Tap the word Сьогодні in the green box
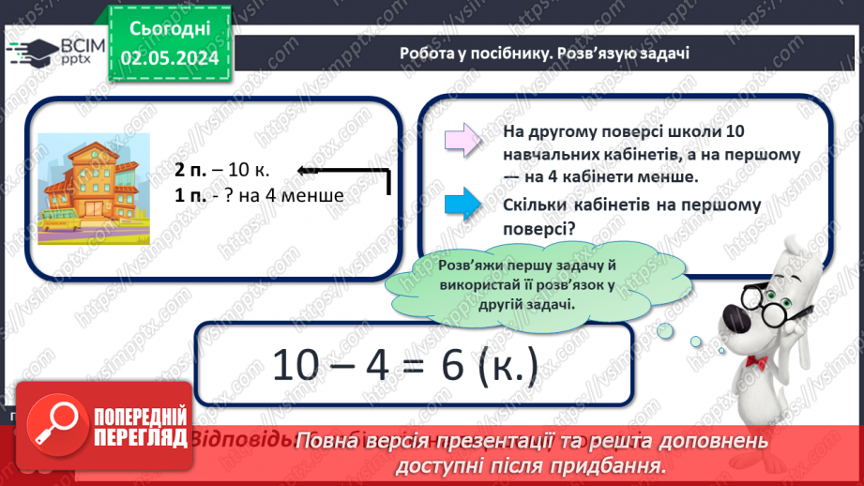169,30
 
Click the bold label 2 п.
189,171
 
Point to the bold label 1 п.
189,196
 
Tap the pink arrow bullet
462,141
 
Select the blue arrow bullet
462,203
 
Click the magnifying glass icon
54,426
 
